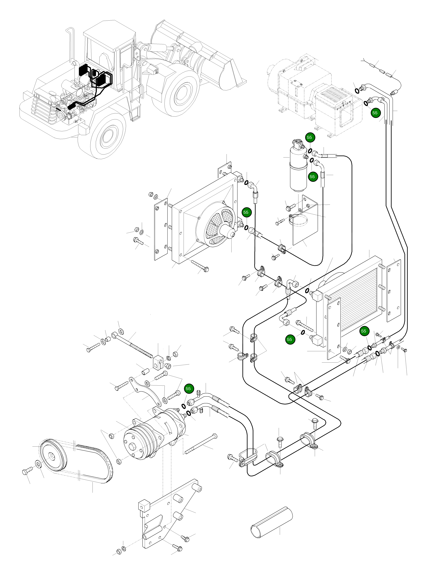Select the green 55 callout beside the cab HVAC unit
click(375, 113)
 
